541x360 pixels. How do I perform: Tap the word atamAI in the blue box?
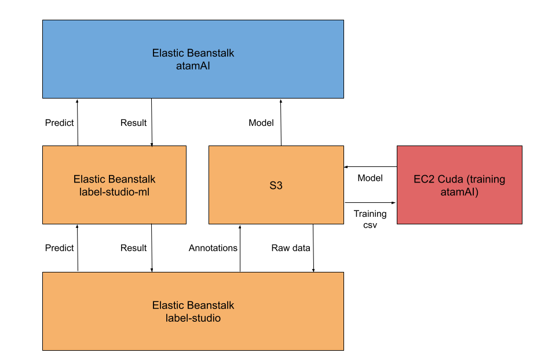pyautogui.click(x=193, y=66)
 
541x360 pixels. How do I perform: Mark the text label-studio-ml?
pyautogui.click(x=114, y=192)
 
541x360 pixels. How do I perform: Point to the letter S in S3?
pyautogui.click(x=272, y=186)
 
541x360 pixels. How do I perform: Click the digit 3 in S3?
pyautogui.click(x=279, y=186)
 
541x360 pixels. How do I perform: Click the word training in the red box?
pyautogui.click(x=485, y=180)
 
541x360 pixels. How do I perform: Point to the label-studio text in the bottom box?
pyautogui.click(x=193, y=318)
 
